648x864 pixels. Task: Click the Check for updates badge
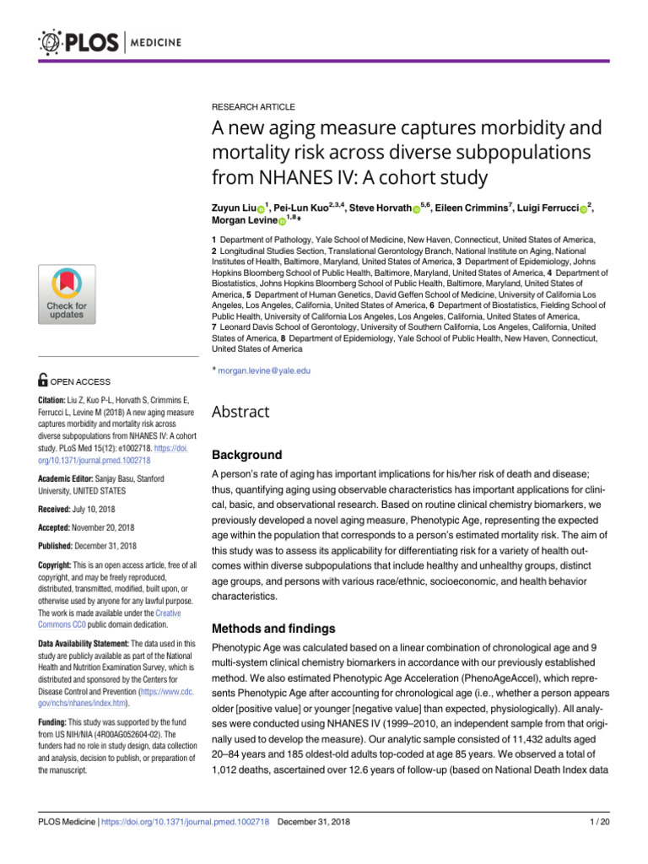coord(67,294)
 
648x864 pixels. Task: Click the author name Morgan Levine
coord(243,221)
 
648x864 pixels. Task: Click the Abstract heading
coord(240,412)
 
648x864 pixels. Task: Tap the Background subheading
coord(246,455)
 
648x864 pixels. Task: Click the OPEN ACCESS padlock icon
coord(44,382)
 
